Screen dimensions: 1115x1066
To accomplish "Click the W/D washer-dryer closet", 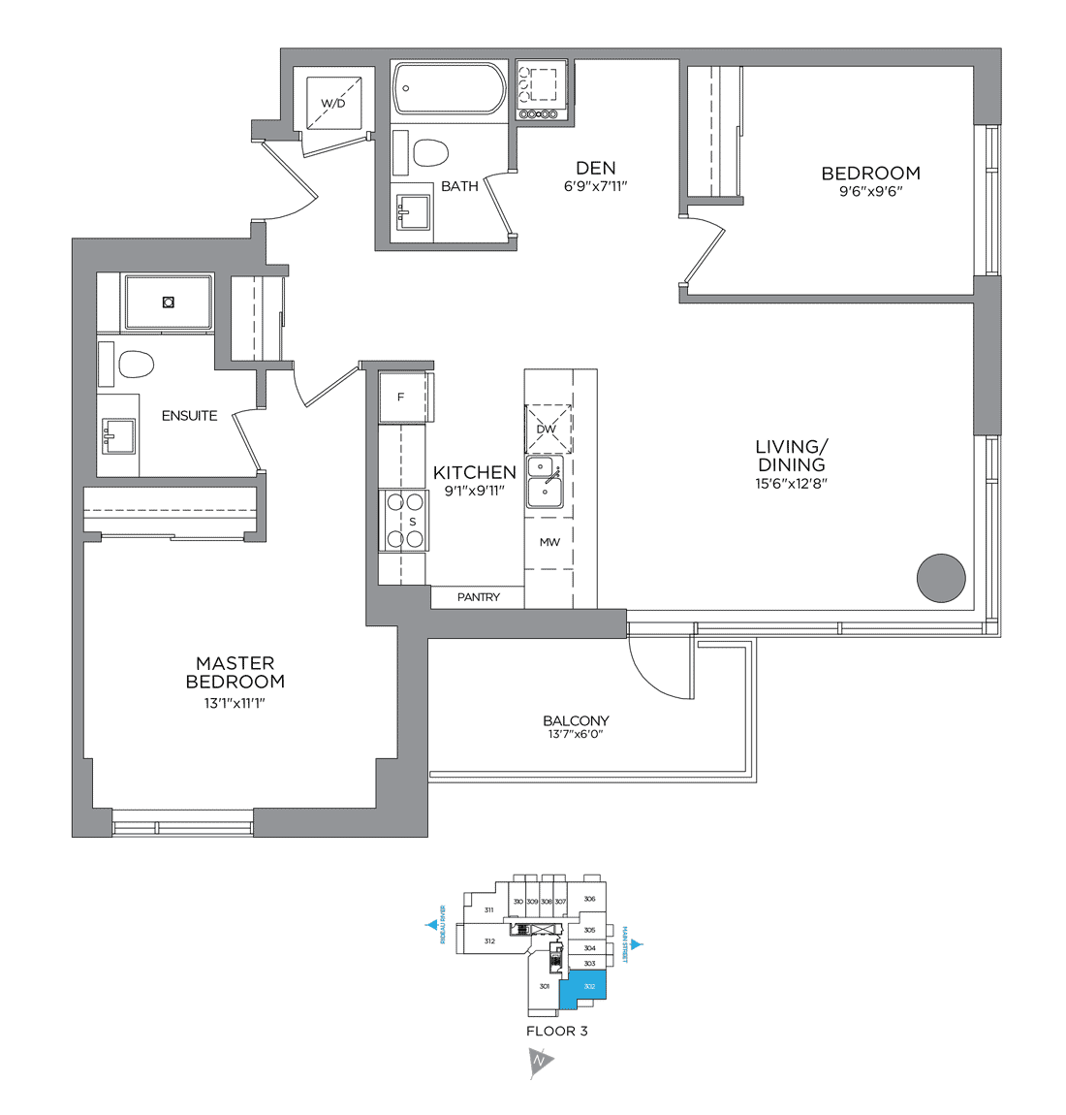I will click(x=332, y=102).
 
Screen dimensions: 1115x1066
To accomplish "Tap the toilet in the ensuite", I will click(x=136, y=366).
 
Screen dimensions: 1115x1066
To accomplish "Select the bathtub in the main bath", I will click(x=449, y=89).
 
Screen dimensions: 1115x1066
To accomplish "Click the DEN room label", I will click(x=595, y=168).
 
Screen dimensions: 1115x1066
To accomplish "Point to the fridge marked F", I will click(x=401, y=397).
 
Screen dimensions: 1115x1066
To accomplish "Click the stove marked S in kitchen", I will click(x=403, y=521).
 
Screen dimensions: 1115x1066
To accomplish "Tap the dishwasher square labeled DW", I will click(x=548, y=429).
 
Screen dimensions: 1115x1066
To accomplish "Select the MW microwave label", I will click(x=549, y=542).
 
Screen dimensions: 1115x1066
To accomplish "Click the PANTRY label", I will click(x=479, y=597).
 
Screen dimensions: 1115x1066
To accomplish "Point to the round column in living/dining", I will click(x=941, y=579).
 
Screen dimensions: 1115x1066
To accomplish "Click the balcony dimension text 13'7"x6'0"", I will click(x=576, y=735).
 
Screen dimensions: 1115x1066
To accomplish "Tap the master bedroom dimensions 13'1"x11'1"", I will click(x=235, y=703).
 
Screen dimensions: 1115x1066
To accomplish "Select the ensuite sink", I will click(x=118, y=436).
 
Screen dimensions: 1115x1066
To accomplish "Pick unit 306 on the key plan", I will click(x=589, y=899).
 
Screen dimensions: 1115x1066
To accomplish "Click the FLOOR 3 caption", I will click(x=556, y=1031).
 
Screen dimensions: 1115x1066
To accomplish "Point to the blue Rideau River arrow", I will click(x=431, y=925).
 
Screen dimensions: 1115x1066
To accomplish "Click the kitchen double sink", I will click(x=545, y=483).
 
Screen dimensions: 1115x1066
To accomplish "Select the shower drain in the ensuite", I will click(x=169, y=303).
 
